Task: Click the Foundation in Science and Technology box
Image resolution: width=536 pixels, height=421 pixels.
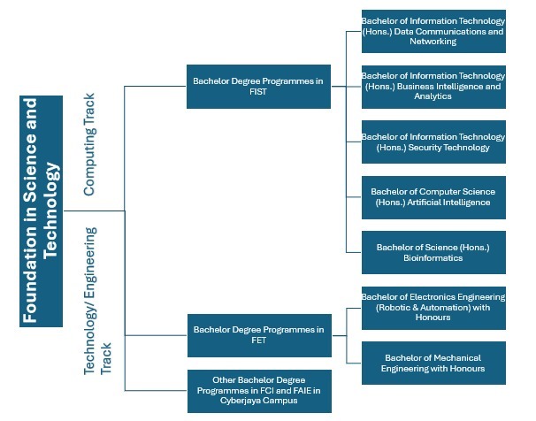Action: [x=41, y=211]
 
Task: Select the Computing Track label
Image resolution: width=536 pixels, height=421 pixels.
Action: [x=89, y=144]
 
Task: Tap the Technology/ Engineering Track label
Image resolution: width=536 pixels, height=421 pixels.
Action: [x=97, y=301]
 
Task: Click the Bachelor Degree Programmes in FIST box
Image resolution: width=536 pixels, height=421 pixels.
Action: [x=258, y=87]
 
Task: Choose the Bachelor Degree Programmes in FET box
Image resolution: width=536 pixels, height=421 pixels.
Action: [x=259, y=335]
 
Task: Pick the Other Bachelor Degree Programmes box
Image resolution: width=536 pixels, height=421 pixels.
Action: [x=259, y=391]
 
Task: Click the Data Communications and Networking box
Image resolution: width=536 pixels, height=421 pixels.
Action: [x=433, y=31]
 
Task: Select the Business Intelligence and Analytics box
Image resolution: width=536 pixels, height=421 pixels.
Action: [x=433, y=87]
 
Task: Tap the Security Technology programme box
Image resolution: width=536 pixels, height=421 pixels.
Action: [x=433, y=142]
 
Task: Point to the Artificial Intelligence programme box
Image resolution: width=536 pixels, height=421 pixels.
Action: [x=433, y=197]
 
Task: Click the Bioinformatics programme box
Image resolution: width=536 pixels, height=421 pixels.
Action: [x=433, y=253]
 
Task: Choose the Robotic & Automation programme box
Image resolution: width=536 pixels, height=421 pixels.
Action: [x=433, y=308]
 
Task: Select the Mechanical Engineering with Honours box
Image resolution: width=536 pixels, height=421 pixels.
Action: [x=433, y=363]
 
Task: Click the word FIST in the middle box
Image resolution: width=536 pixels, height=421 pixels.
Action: [x=258, y=92]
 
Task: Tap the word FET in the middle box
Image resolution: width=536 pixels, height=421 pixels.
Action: [x=259, y=341]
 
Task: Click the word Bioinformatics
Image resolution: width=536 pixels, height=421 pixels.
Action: [x=433, y=258]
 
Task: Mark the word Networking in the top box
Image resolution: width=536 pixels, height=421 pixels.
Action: [x=433, y=42]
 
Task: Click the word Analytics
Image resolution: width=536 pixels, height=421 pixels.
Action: [x=433, y=96]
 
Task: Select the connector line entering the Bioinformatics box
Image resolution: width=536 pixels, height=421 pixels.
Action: [x=354, y=253]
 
